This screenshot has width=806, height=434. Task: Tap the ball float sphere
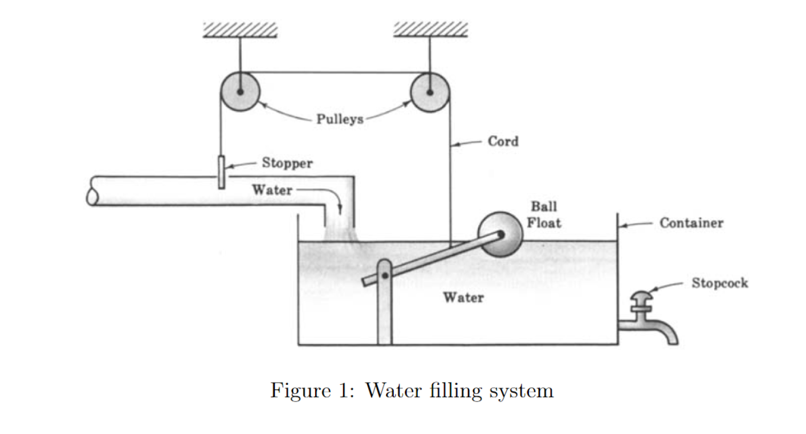click(x=500, y=233)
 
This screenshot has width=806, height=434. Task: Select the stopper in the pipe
click(x=220, y=171)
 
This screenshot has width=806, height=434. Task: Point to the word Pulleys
click(x=340, y=119)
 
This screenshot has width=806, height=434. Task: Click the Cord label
click(x=503, y=141)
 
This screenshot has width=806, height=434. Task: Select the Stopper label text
click(x=287, y=163)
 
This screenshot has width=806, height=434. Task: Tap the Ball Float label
click(x=544, y=215)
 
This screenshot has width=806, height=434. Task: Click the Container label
click(x=691, y=223)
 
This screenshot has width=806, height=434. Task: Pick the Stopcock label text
click(x=719, y=283)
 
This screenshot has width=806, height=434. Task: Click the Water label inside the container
click(x=463, y=297)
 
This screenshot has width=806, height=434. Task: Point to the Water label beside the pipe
click(x=272, y=190)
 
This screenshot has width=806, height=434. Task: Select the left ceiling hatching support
click(x=240, y=30)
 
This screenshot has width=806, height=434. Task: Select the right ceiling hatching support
click(x=430, y=30)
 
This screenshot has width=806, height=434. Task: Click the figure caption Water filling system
click(x=412, y=391)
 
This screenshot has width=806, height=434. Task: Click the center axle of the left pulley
click(x=240, y=92)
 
